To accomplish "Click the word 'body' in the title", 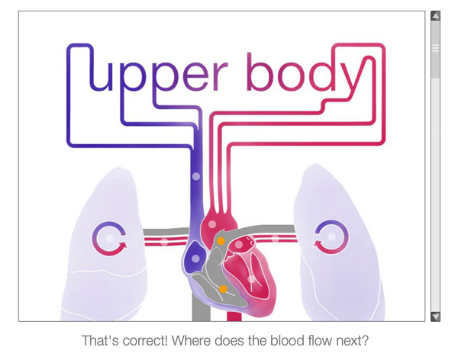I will pos(302,72).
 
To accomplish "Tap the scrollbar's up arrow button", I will pos(435,15).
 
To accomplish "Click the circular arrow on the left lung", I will pos(108,238).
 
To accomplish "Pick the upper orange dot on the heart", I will pos(221,241).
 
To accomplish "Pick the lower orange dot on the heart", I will pos(223,288).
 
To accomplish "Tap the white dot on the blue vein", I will pos(195,176).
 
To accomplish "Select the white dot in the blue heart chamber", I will pos(192,253).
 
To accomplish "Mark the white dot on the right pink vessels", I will pos(275,239).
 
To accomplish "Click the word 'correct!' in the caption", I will pos(152,339).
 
